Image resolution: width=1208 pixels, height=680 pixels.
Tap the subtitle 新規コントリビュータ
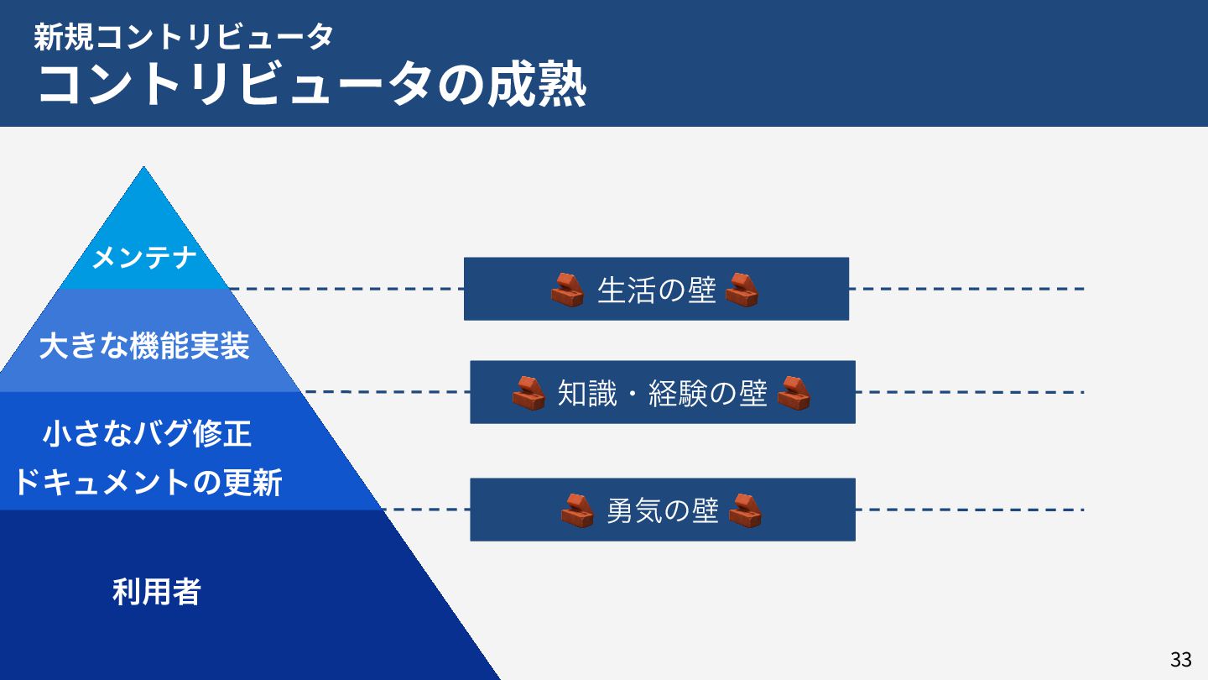(184, 36)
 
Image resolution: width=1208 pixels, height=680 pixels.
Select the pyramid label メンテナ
(144, 258)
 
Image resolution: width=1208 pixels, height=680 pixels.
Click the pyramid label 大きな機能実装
(144, 345)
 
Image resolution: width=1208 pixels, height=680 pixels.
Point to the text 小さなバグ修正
(148, 434)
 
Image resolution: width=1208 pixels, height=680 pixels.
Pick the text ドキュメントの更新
(148, 483)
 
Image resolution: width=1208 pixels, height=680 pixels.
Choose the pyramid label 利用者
(157, 592)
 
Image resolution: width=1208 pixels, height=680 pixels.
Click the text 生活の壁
(656, 290)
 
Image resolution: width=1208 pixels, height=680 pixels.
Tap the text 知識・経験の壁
(662, 393)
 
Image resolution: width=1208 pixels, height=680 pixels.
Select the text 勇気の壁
(662, 510)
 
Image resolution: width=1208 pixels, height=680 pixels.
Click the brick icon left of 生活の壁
(567, 290)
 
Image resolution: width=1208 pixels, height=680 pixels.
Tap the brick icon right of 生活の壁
(742, 290)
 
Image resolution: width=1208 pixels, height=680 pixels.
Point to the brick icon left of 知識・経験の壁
(528, 393)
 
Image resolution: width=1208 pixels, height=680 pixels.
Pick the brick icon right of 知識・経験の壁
(794, 393)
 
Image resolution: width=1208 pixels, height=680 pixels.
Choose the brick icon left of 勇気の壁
(577, 510)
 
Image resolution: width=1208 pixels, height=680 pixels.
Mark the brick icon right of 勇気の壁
(745, 510)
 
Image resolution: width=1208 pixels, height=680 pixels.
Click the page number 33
(1180, 659)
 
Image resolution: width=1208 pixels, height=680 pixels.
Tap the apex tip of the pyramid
(144, 169)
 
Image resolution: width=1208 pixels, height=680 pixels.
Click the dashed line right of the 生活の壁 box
(965, 289)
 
